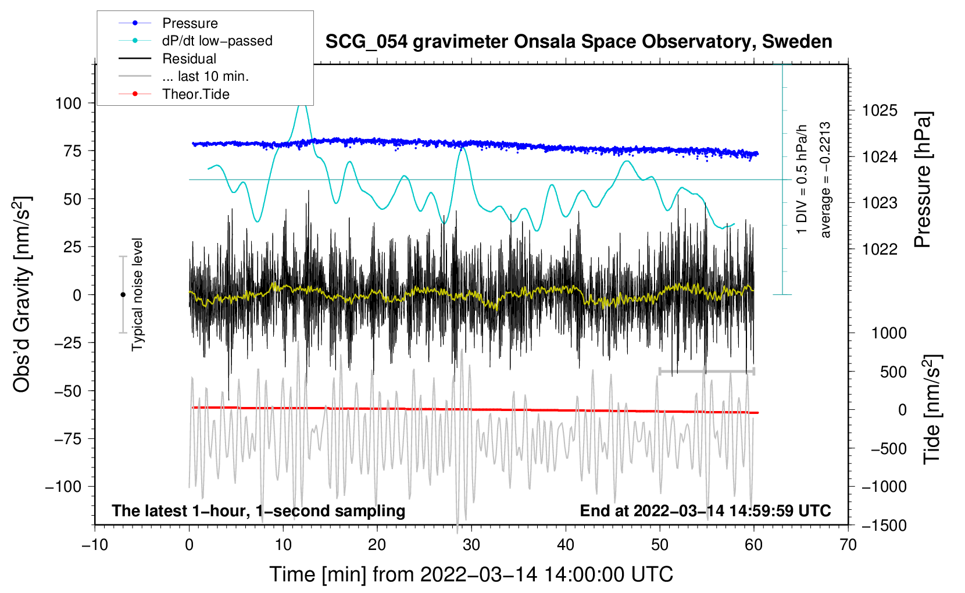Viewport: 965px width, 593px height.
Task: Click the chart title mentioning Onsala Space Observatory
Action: pyautogui.click(x=578, y=42)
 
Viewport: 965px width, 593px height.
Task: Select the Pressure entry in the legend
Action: pyautogui.click(x=190, y=23)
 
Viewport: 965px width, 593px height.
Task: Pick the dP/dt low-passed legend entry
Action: pyautogui.click(x=217, y=41)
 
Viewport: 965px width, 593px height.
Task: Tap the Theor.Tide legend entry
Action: pyautogui.click(x=195, y=94)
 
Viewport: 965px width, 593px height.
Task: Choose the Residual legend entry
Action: pyautogui.click(x=189, y=59)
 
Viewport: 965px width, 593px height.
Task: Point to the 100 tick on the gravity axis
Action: pyautogui.click(x=68, y=103)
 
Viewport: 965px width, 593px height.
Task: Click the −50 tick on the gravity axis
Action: pyautogui.click(x=68, y=391)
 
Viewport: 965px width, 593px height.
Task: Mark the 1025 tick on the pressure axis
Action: pyautogui.click(x=880, y=110)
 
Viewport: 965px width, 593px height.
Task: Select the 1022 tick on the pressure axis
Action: pyautogui.click(x=880, y=249)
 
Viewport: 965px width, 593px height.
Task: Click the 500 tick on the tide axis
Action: pyautogui.click(x=893, y=372)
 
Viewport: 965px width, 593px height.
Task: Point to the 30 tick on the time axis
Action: pyautogui.click(x=471, y=545)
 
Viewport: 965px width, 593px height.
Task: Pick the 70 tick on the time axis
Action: pyautogui.click(x=848, y=545)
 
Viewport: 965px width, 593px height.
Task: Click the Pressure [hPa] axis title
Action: pyautogui.click(x=923, y=180)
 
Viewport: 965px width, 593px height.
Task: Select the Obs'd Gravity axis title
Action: pyautogui.click(x=22, y=295)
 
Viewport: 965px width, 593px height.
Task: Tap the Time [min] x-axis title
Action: pyautogui.click(x=471, y=574)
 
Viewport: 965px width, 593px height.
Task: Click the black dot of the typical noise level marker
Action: pyautogui.click(x=123, y=295)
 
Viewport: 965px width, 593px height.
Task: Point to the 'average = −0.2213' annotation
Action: pyautogui.click(x=825, y=180)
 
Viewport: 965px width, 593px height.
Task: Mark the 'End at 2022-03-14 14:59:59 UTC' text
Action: pyautogui.click(x=705, y=511)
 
